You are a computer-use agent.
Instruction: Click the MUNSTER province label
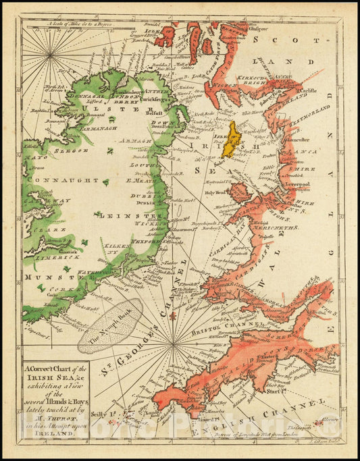pyautogui.click(x=44, y=277)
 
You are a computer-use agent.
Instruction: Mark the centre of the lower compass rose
pyautogui.click(x=173, y=344)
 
